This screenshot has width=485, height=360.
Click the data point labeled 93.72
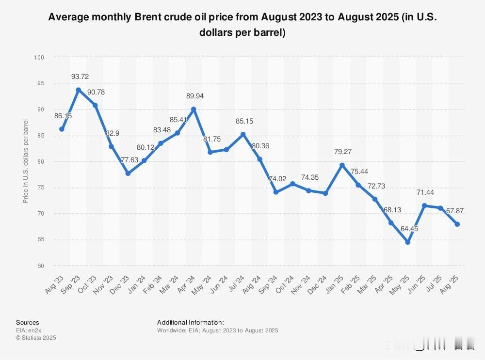[78, 90]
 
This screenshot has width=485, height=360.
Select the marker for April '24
[194, 110]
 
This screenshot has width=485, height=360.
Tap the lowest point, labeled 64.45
[407, 242]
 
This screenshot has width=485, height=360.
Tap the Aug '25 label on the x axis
[451, 281]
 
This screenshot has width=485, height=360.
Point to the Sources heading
[28, 322]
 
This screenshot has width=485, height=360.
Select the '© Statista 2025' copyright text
[36, 338]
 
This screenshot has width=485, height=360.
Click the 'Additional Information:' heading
[190, 322]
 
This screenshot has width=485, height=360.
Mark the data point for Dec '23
[128, 173]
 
